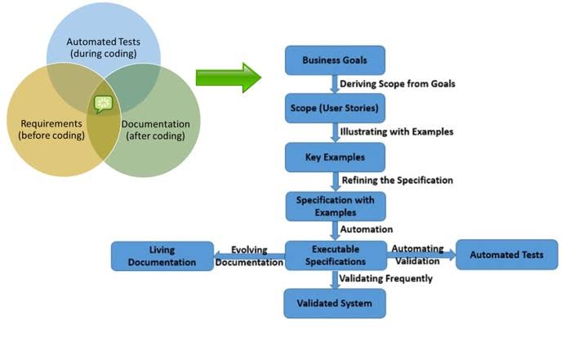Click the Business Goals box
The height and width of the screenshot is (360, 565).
pos(334,60)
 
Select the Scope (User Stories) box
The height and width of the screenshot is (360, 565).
pos(334,108)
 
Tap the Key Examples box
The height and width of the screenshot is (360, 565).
pos(334,156)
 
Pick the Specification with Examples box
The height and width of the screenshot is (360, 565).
pos(334,206)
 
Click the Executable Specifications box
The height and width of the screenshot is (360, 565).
pos(335,255)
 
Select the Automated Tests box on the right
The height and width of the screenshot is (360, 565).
pos(506,255)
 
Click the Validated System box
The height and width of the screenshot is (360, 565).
pos(334,304)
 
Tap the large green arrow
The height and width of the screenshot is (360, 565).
pos(228,78)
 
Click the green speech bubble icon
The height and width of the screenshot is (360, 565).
pos(102,104)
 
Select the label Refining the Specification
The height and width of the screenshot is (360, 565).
pos(397,180)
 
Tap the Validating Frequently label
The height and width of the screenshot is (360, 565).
pos(386,278)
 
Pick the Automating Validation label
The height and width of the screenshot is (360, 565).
pos(417,255)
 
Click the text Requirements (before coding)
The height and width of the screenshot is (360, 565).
pos(51,129)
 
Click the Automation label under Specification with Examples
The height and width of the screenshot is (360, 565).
pos(366,229)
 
